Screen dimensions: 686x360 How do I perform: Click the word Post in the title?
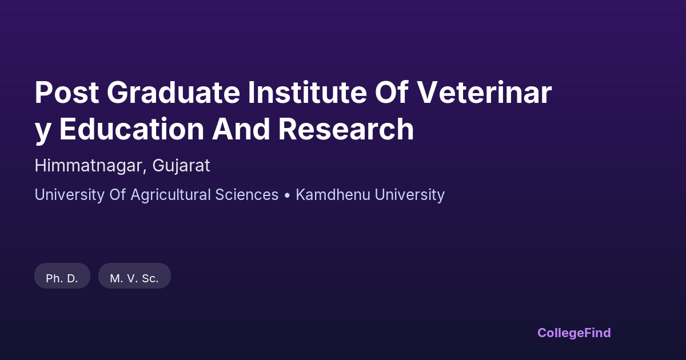[67, 93]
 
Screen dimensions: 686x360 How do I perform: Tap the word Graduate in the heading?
[173, 93]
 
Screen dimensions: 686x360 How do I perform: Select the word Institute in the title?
[307, 93]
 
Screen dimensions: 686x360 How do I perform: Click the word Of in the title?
[392, 92]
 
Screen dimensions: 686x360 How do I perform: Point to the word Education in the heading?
[131, 129]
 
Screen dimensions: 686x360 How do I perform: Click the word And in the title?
[241, 129]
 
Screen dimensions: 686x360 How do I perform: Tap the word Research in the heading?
[346, 129]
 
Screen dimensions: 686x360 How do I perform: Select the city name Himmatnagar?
[88, 166]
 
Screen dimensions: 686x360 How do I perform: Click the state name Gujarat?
[181, 166]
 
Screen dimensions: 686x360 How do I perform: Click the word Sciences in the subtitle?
[246, 195]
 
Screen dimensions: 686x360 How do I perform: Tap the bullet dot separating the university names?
[287, 195]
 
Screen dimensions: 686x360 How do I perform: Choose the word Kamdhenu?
[333, 195]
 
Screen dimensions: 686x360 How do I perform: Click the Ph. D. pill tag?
[62, 276]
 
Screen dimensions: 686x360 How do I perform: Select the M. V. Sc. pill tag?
[134, 276]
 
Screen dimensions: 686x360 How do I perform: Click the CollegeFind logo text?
[574, 333]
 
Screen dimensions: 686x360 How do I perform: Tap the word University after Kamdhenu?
[409, 195]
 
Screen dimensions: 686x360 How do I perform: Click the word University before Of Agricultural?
[70, 195]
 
